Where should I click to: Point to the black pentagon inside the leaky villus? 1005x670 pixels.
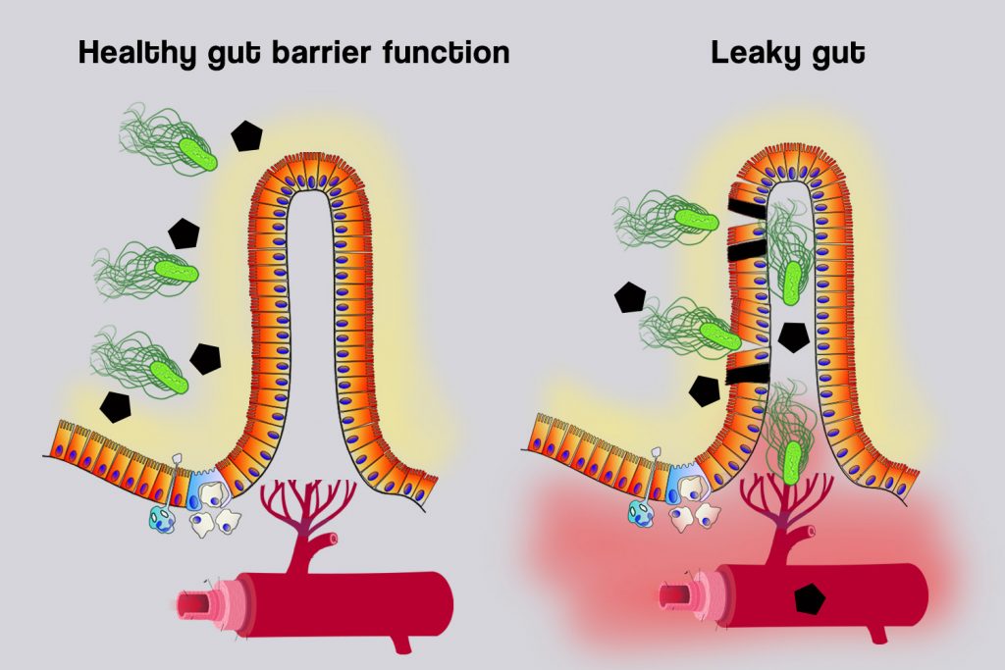point(792,336)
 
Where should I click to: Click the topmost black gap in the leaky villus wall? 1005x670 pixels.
point(746,209)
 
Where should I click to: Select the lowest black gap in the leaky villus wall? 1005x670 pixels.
point(745,372)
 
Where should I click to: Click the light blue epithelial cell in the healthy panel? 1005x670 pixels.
point(207,485)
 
